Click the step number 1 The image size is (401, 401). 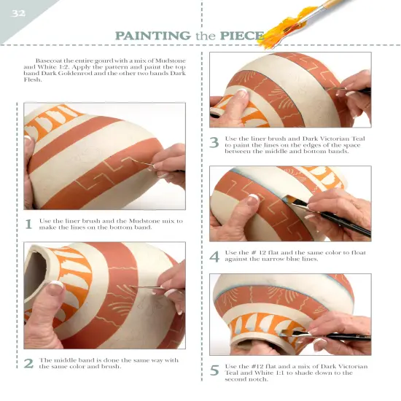28,225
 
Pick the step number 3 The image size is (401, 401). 214,144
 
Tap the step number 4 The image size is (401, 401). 214,257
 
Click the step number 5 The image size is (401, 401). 214,370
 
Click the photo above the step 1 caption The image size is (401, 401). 104,156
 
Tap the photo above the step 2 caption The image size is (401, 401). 104,295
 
